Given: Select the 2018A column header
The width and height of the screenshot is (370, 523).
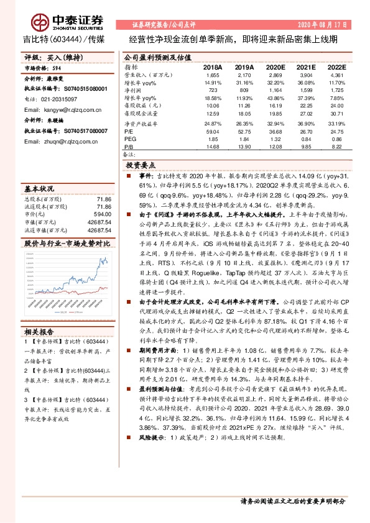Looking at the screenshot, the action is point(213,66).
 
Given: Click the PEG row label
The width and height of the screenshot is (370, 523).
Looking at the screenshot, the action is point(129,139).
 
